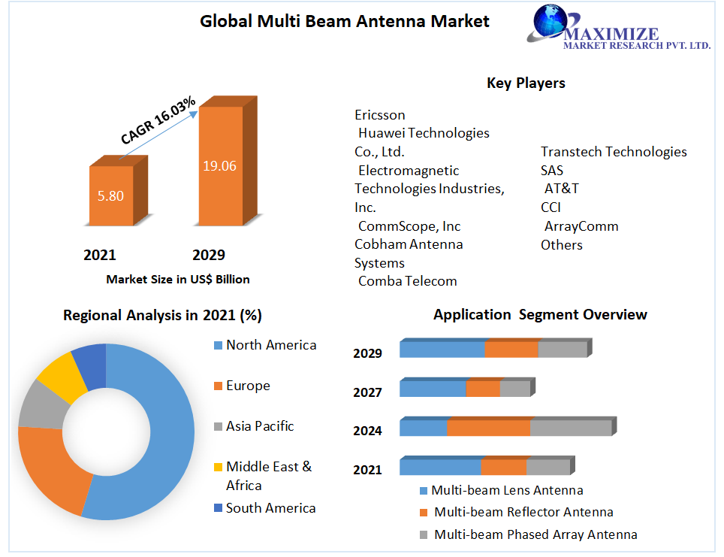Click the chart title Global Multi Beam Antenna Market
(344, 21)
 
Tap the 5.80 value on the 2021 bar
(110, 196)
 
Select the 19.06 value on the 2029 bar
(219, 165)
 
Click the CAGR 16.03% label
(158, 120)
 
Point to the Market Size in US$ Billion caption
(177, 279)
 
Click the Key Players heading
(526, 83)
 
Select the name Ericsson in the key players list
(379, 115)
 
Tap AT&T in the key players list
(561, 189)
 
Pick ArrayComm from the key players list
(581, 226)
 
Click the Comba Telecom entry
(407, 281)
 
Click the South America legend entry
(270, 508)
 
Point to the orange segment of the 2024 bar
(488, 428)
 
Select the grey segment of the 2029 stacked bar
(562, 350)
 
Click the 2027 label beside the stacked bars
(367, 392)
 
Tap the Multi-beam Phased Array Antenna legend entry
(535, 535)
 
